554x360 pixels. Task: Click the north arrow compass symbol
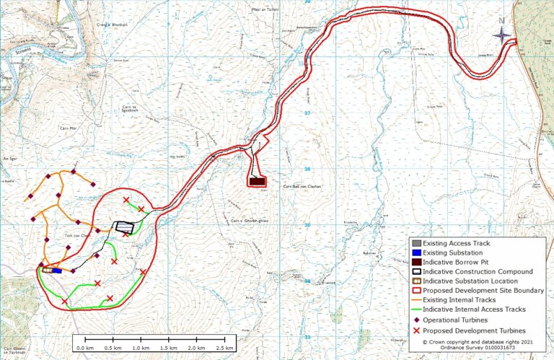click(x=502, y=35)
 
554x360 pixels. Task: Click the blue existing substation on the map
click(x=56, y=271)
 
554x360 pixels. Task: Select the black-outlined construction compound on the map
click(x=125, y=226)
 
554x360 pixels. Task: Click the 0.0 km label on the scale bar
click(x=84, y=348)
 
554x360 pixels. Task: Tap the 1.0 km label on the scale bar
click(x=141, y=348)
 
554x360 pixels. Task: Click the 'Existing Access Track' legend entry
click(x=456, y=243)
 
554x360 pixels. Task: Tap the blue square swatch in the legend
click(x=416, y=253)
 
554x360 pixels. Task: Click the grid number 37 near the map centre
click(x=306, y=113)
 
